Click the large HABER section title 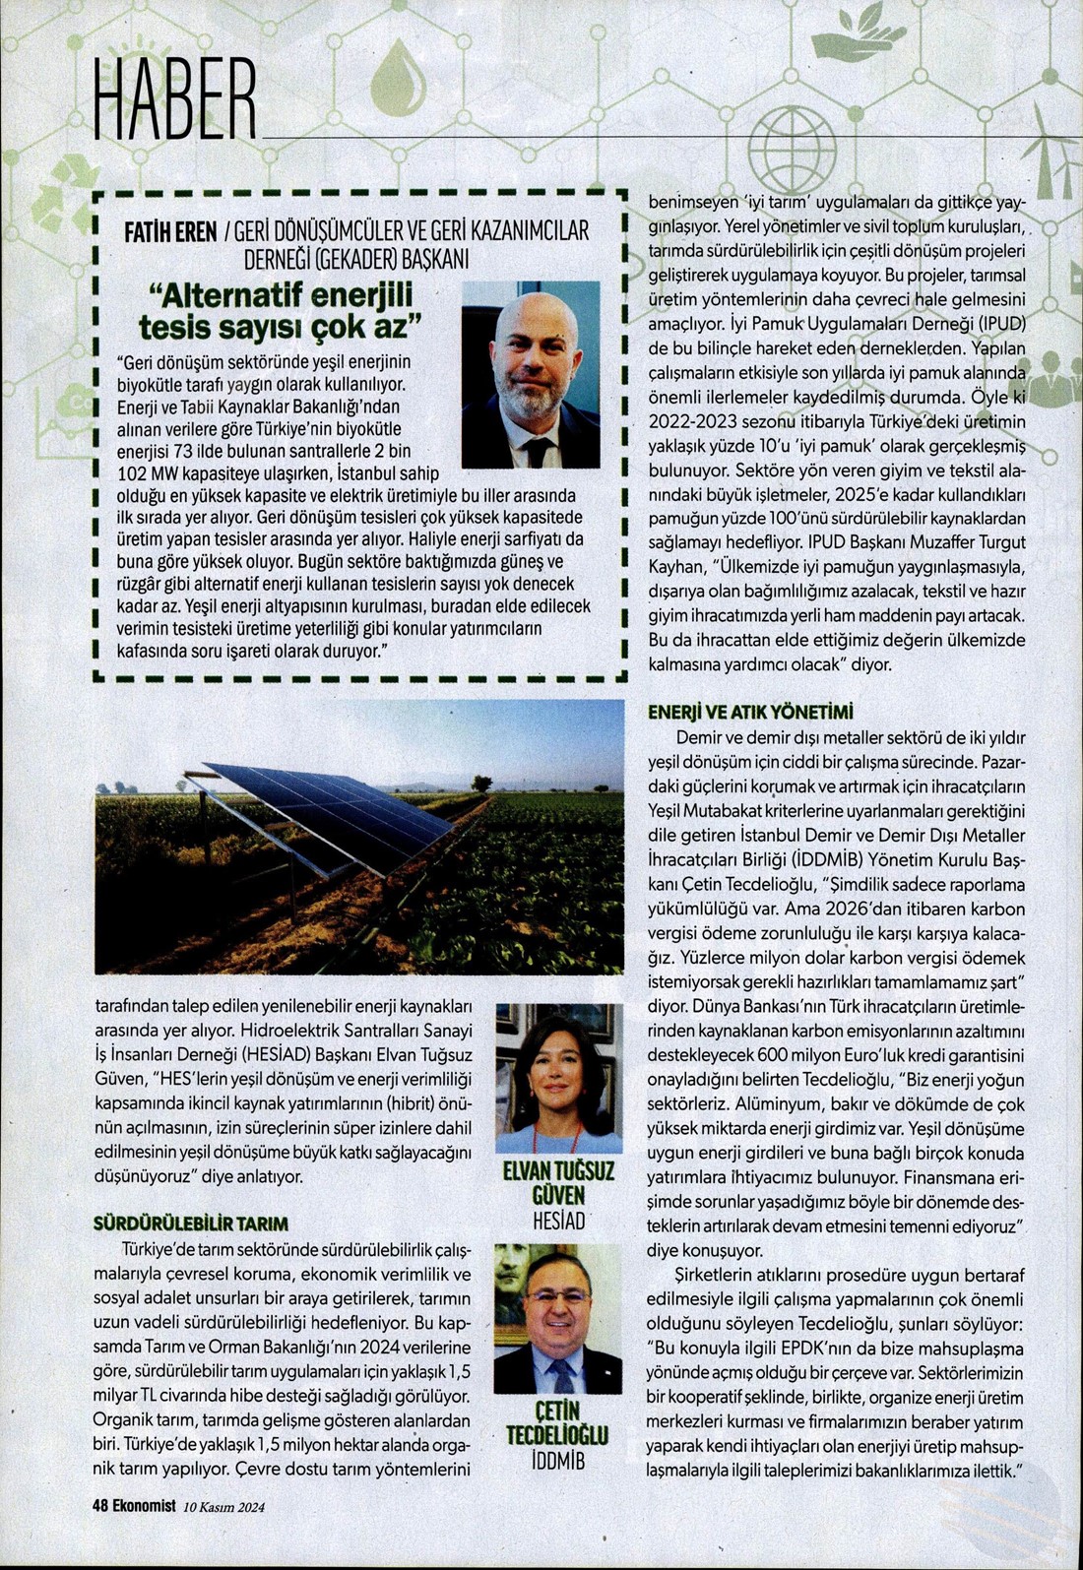(175, 97)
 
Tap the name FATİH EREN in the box (168, 233)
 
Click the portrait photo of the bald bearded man (530, 374)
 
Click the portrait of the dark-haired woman (558, 1077)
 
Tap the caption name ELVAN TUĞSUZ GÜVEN (558, 1182)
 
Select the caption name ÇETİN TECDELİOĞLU (558, 1423)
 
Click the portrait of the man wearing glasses (558, 1319)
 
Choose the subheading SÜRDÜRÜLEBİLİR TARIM (190, 1224)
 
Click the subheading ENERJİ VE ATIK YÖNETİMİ (749, 712)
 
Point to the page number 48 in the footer (100, 1505)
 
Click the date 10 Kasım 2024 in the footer (223, 1506)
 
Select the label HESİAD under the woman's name (558, 1222)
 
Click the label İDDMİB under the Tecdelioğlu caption (558, 1461)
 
